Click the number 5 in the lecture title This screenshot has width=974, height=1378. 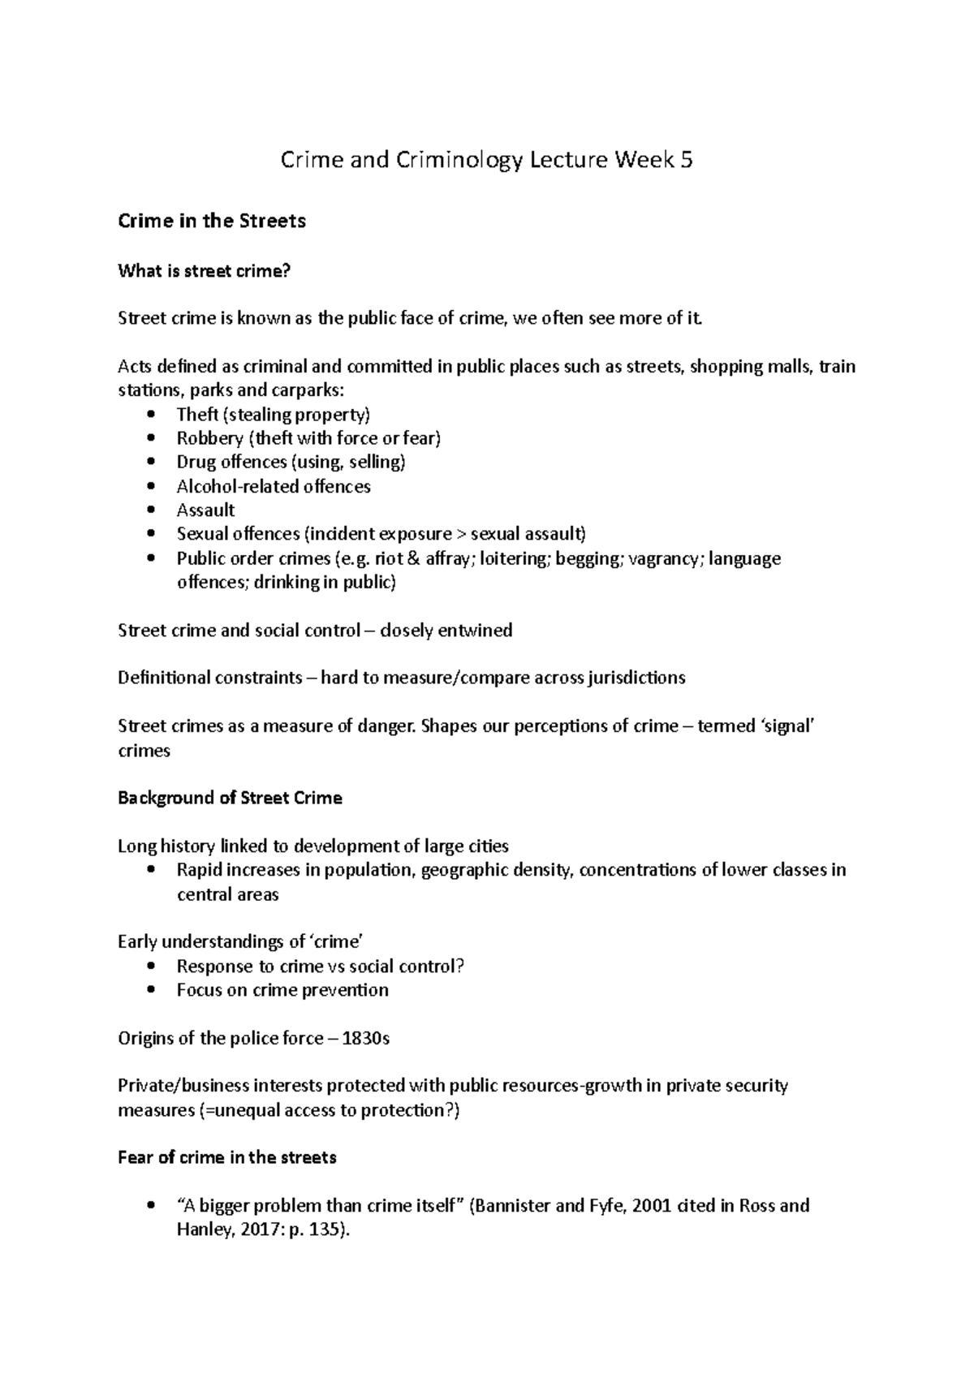pos(686,160)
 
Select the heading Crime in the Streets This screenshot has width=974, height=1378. pos(212,221)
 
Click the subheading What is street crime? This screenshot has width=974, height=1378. pos(204,271)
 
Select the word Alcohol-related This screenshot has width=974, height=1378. pos(226,486)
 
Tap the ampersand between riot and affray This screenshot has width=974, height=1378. pos(415,558)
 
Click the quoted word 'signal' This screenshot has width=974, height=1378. pos(788,726)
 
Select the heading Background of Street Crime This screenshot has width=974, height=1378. pos(230,798)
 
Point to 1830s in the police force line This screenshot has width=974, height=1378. pos(366,1038)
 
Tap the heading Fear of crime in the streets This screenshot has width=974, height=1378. pos(226,1157)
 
